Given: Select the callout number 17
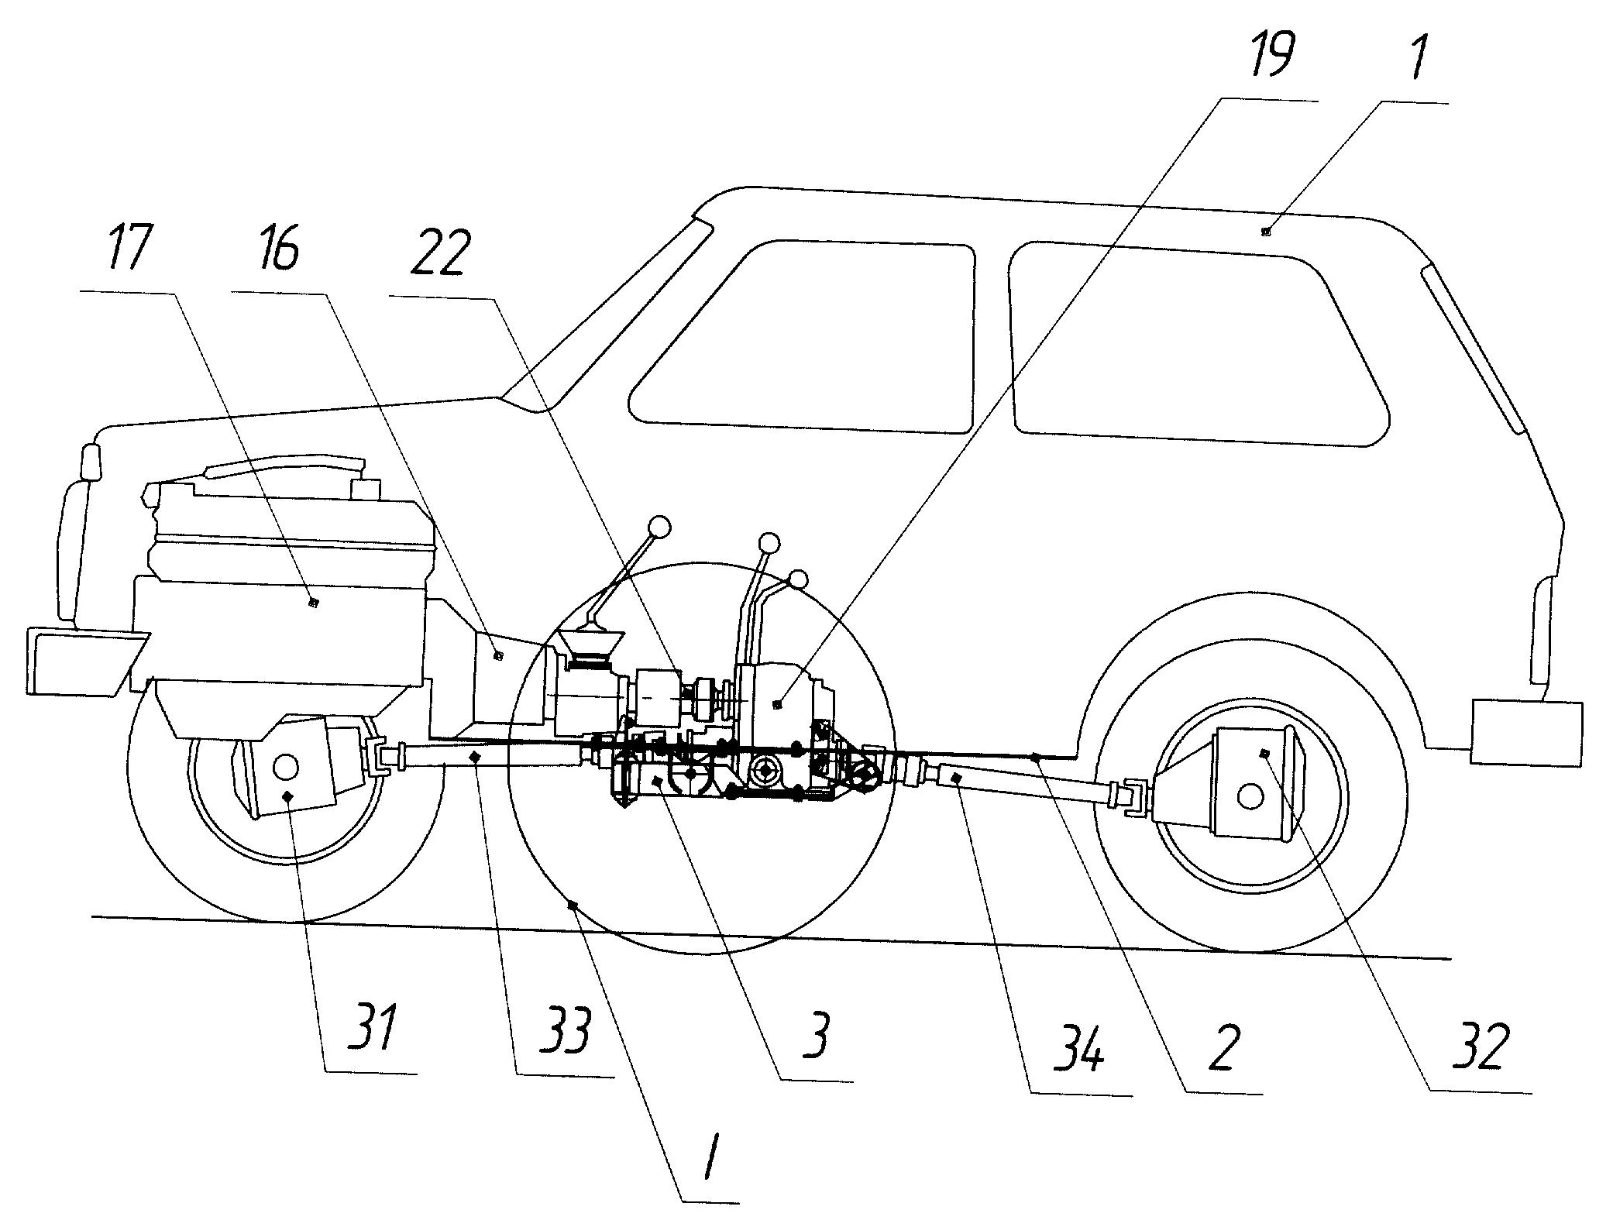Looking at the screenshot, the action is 130,249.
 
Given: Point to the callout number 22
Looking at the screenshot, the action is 440,253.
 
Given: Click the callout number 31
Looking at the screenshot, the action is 372,1027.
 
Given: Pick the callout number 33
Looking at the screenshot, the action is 565,1031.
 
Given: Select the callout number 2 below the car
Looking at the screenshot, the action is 1222,1047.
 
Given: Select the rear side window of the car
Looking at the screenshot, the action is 1199,343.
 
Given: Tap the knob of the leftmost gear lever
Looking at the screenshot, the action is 659,527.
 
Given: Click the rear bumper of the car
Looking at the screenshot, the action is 1526,733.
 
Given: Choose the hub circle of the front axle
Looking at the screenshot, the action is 285,767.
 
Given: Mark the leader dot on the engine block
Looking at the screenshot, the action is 313,602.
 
